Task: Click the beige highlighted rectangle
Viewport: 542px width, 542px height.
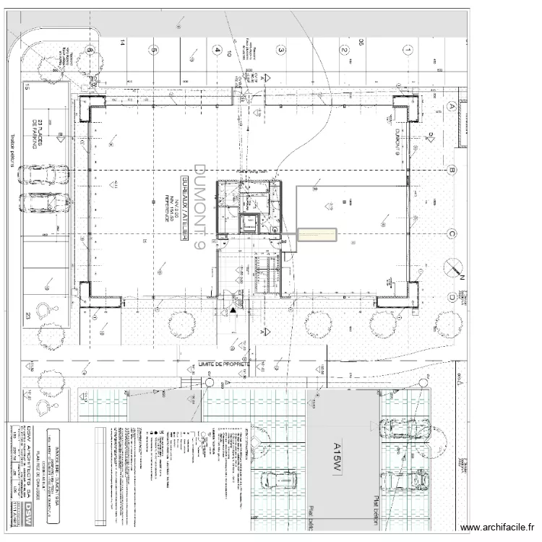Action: (317, 235)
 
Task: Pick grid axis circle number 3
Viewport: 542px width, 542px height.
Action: (280, 51)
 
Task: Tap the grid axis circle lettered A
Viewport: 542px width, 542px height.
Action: (452, 106)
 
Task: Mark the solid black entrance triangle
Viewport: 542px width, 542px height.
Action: (233, 310)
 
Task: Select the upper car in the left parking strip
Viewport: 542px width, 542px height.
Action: (44, 175)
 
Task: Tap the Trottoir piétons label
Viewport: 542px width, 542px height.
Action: (12, 152)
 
